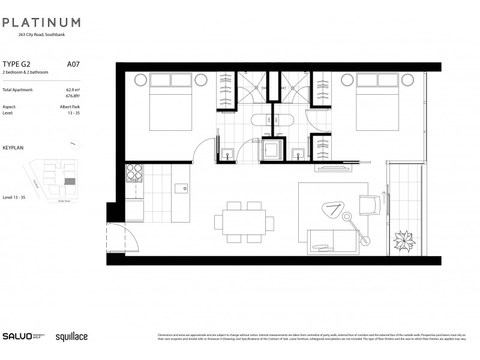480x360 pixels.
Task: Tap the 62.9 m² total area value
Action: click(73, 89)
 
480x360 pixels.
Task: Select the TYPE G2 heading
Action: click(17, 63)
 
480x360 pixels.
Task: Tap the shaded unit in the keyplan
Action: click(71, 180)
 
